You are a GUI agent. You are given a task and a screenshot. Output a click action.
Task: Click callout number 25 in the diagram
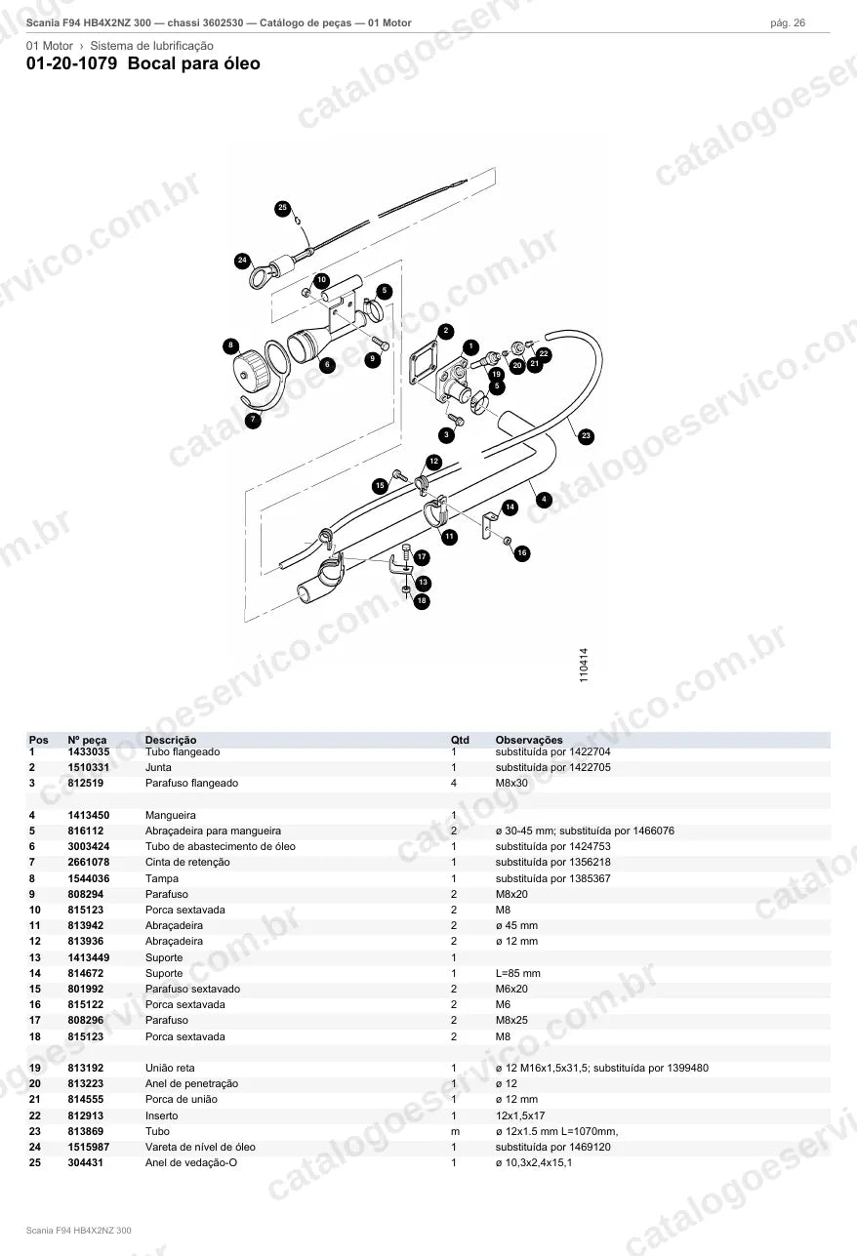(x=283, y=208)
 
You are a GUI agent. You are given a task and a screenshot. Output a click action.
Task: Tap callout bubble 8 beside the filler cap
(x=230, y=345)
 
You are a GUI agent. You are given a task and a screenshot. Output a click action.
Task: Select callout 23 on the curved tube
(x=586, y=435)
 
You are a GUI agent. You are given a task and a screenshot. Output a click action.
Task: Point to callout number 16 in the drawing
(x=522, y=553)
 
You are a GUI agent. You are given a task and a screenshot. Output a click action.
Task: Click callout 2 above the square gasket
(x=446, y=331)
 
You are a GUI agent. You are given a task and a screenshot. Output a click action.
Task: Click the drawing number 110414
(x=584, y=665)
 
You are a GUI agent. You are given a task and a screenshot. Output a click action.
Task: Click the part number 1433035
(x=89, y=751)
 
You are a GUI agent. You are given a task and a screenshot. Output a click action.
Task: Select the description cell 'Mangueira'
(x=171, y=815)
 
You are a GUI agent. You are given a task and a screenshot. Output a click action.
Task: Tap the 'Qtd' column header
(x=460, y=740)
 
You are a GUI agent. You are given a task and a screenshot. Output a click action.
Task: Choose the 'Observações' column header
(x=529, y=740)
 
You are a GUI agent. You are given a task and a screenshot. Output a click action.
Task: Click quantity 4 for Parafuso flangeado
(x=454, y=783)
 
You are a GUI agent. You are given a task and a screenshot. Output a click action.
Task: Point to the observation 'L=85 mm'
(x=518, y=973)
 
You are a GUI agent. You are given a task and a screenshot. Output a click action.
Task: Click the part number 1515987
(x=89, y=1148)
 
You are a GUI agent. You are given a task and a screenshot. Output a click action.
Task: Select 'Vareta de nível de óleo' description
(x=200, y=1148)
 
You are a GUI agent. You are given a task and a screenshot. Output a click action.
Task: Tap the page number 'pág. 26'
(x=788, y=23)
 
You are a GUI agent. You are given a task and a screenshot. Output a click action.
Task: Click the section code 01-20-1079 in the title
(x=72, y=63)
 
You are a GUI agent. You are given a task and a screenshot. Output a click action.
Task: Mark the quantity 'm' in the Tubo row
(x=456, y=1132)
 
